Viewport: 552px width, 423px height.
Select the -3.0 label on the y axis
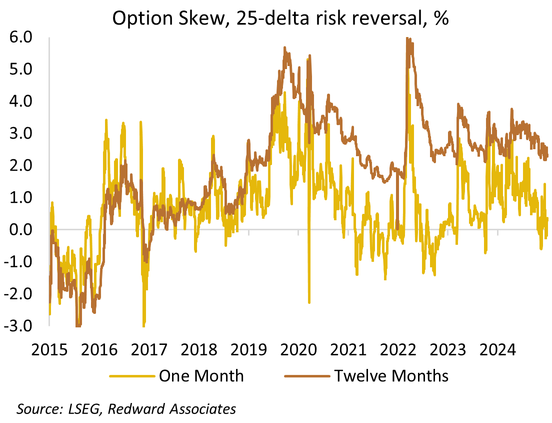pos(18,326)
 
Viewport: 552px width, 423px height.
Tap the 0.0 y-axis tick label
pos(20,230)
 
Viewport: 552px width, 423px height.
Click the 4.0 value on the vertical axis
pos(20,101)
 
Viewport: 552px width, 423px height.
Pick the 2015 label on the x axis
pos(49,349)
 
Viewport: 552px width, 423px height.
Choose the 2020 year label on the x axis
pos(298,349)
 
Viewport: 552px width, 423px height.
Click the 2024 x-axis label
pos(497,349)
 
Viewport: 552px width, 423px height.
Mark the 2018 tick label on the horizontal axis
pos(198,349)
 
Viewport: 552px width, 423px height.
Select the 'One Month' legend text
pos(201,375)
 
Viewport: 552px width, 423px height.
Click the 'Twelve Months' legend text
pos(391,375)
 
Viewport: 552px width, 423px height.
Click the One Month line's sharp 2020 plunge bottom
pos(309,302)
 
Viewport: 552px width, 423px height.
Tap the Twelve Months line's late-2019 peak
pos(284,49)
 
